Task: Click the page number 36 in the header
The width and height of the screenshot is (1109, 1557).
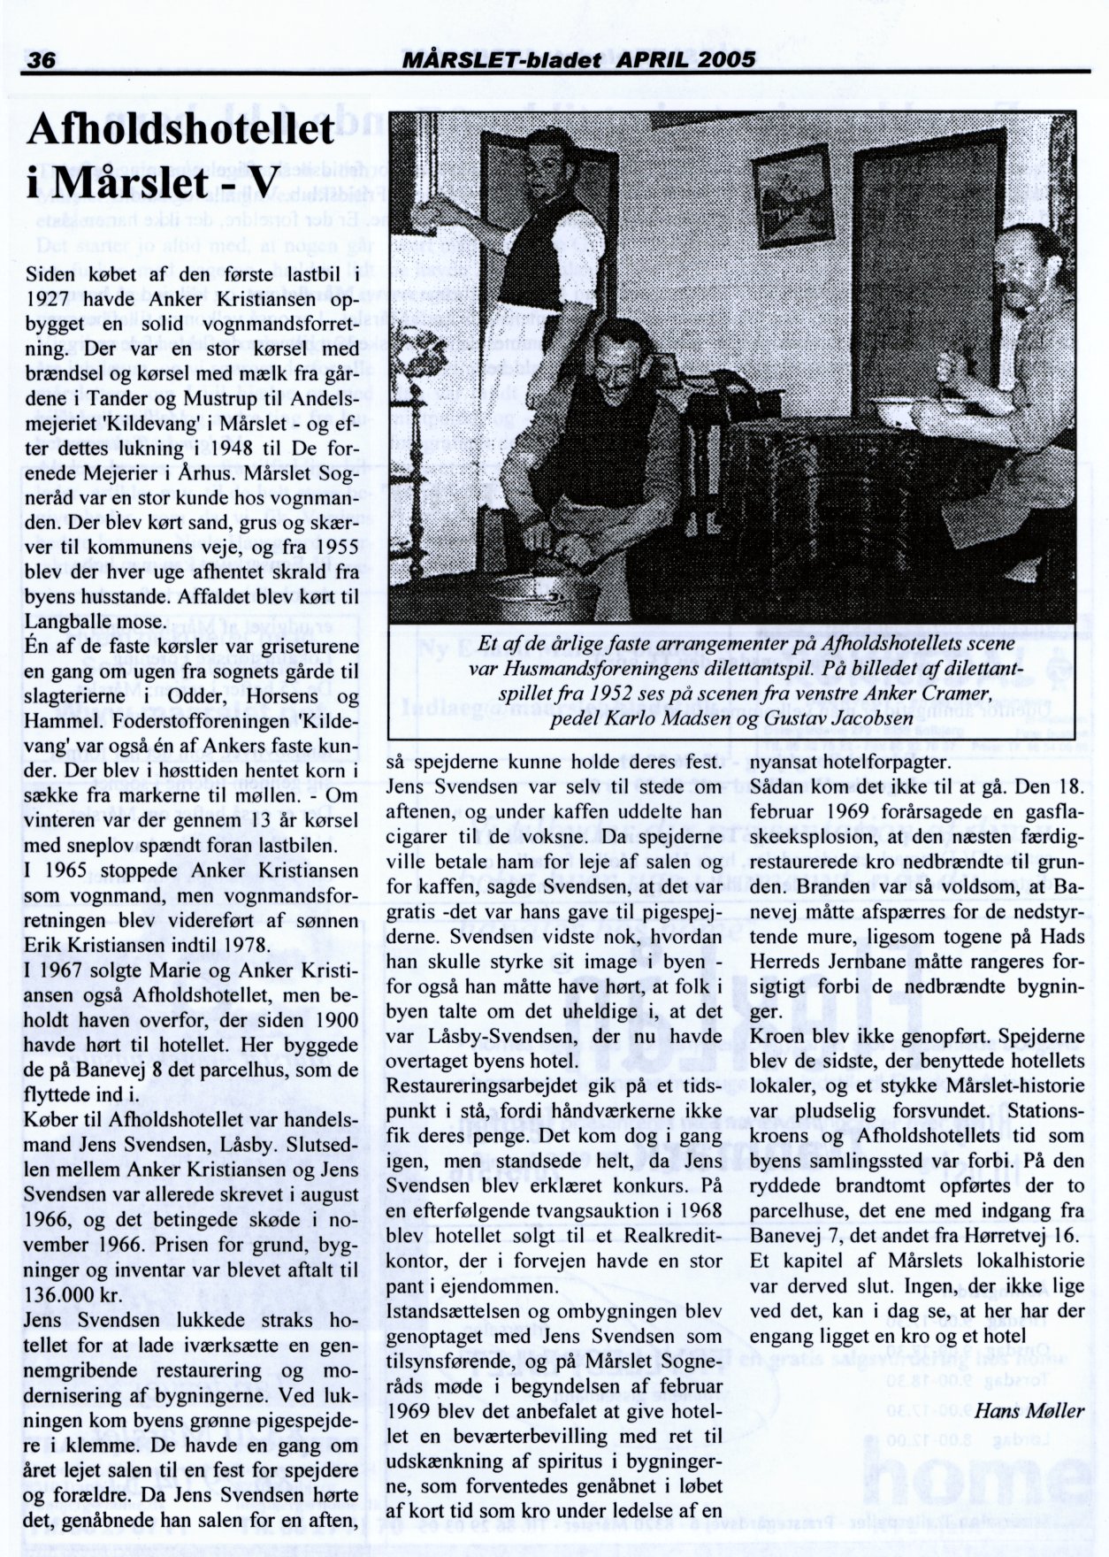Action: click(42, 59)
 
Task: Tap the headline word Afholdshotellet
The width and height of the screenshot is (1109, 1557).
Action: click(181, 131)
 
